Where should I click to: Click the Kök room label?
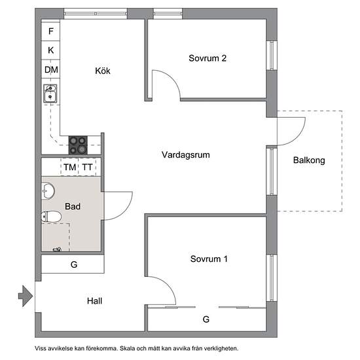pyautogui.click(x=102, y=71)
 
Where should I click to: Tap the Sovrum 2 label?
pyautogui.click(x=207, y=58)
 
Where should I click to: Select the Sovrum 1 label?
pyautogui.click(x=209, y=259)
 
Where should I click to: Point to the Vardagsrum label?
pyautogui.click(x=185, y=155)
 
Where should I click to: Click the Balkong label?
pyautogui.click(x=309, y=160)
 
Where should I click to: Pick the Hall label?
pyautogui.click(x=95, y=301)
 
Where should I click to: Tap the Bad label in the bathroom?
pyautogui.click(x=73, y=206)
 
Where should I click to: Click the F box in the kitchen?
pyautogui.click(x=51, y=31)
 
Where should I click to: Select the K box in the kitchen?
pyautogui.click(x=51, y=50)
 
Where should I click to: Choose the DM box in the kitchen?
pyautogui.click(x=51, y=69)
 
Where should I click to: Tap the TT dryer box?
pyautogui.click(x=88, y=168)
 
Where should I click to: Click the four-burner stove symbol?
pyautogui.click(x=78, y=144)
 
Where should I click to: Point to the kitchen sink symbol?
pyautogui.click(x=50, y=95)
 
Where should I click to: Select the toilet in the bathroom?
pyautogui.click(x=52, y=217)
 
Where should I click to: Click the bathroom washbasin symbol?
pyautogui.click(x=48, y=191)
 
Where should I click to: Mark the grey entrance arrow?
pyautogui.click(x=25, y=296)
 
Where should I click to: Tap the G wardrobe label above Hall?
pyautogui.click(x=74, y=265)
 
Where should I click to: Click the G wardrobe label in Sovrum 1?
pyautogui.click(x=206, y=319)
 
